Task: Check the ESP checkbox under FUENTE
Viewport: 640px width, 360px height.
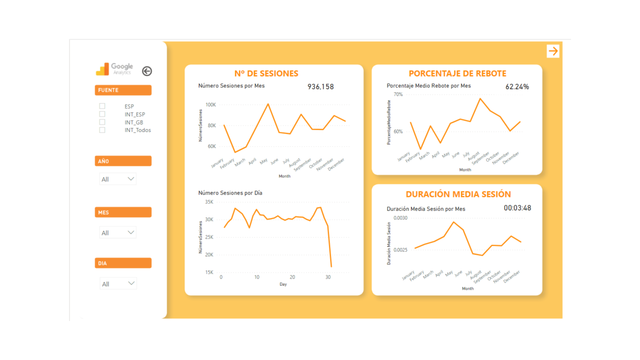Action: coord(102,106)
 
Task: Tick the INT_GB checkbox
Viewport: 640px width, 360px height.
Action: coord(102,122)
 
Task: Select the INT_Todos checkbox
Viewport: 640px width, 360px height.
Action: coord(102,130)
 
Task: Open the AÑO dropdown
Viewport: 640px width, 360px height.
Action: coord(118,179)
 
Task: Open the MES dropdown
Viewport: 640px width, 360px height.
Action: coord(118,232)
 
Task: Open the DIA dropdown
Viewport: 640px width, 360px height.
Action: coord(118,283)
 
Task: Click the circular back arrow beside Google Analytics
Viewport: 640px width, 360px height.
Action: coord(146,71)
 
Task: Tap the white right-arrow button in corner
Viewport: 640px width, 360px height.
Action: coord(552,51)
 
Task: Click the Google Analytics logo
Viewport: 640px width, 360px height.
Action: coord(114,69)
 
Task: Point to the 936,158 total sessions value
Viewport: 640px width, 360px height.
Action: coord(320,87)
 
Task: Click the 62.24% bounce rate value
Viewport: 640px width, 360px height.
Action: coord(517,87)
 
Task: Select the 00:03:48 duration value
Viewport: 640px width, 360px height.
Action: coord(517,208)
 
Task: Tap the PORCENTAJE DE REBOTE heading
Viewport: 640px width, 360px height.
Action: coord(457,73)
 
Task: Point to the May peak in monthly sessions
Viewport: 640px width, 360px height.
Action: coord(268,104)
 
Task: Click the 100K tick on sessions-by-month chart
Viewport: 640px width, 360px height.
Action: coord(210,105)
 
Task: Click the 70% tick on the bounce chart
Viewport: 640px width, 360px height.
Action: coord(398,94)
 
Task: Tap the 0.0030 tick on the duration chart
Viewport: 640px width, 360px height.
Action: coord(400,218)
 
